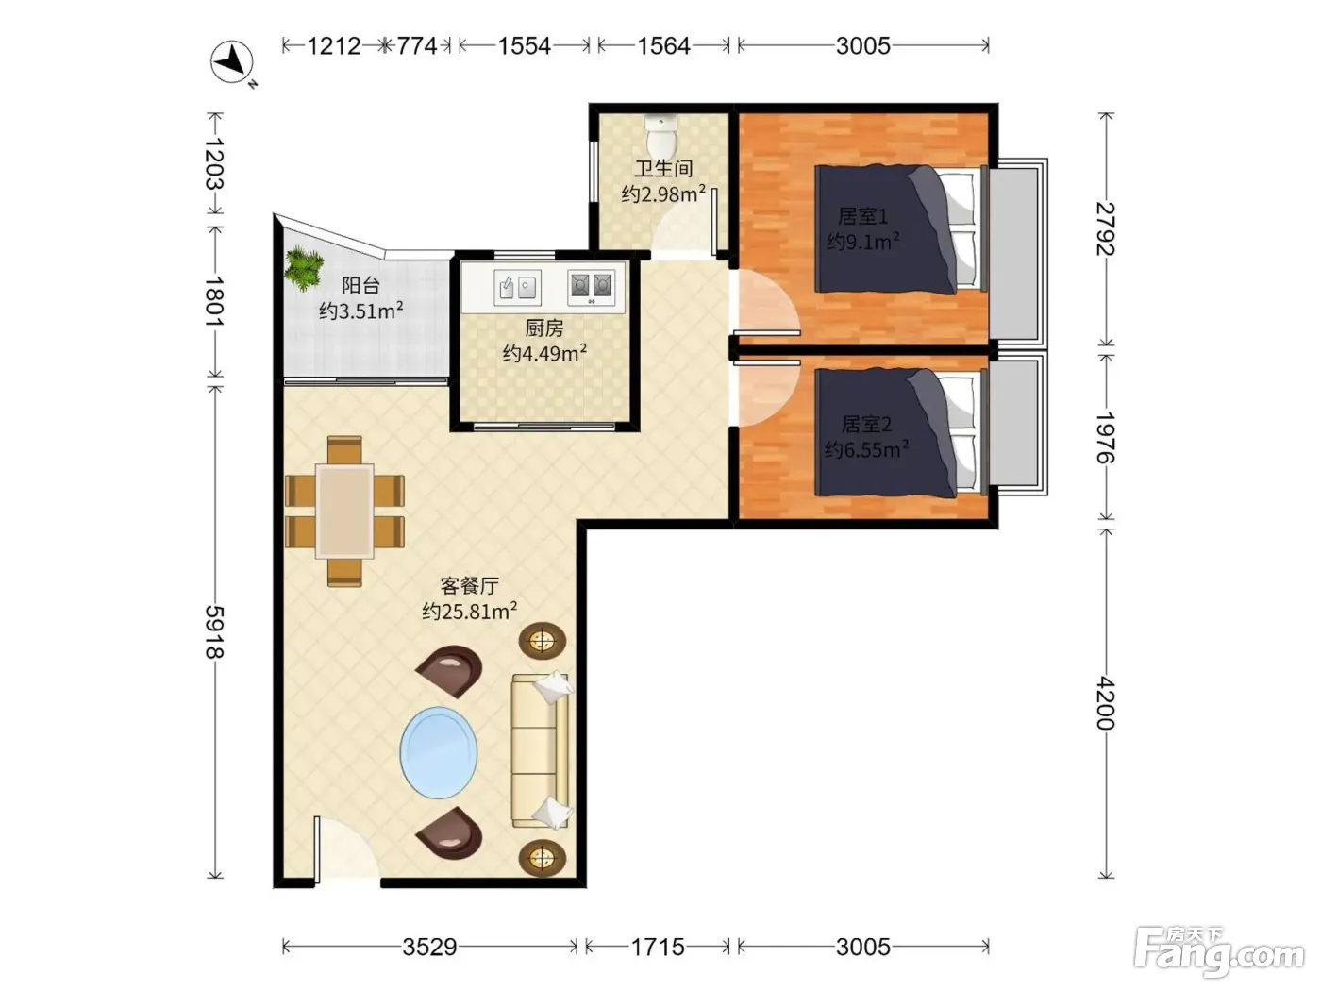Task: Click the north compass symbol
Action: tap(232, 62)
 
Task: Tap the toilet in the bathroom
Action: tap(661, 134)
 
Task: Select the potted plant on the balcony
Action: tap(305, 268)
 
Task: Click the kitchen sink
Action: tap(517, 287)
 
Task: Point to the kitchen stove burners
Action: tap(591, 287)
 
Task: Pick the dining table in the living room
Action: tap(344, 512)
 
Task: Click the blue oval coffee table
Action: tap(439, 753)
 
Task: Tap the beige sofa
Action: tap(540, 750)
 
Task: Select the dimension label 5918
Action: tap(215, 631)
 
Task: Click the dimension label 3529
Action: tap(429, 947)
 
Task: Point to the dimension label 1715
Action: tap(658, 947)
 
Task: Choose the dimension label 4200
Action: tap(1106, 703)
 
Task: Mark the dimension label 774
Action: tap(417, 45)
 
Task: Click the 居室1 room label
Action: tap(863, 217)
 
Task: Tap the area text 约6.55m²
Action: tap(866, 449)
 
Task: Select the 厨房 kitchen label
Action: tap(544, 328)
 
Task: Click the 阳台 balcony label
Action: tap(360, 285)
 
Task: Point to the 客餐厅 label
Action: tap(469, 585)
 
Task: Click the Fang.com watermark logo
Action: tap(1219, 953)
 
